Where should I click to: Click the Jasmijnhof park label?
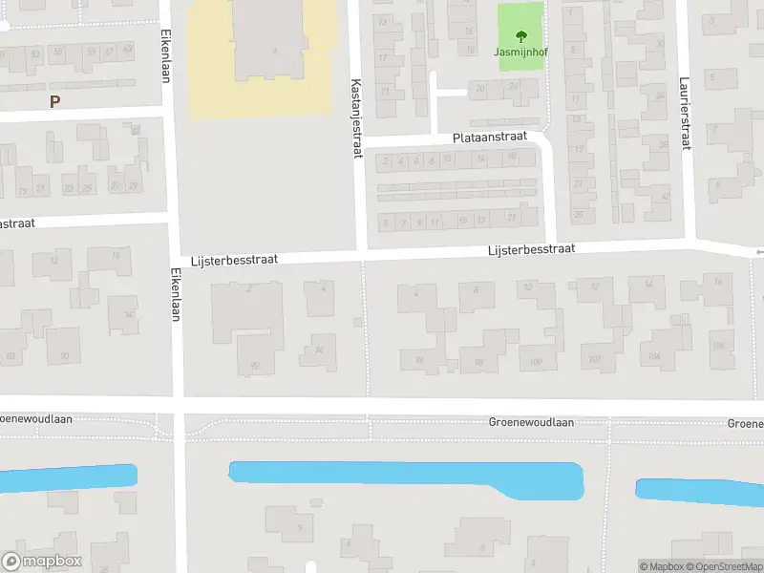pos(520,53)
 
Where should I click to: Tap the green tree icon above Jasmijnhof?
pos(520,37)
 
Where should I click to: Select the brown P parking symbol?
pos(54,101)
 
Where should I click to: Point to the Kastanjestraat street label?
pos(356,118)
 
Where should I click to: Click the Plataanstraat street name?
pos(491,138)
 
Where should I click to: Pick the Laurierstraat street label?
pos(685,114)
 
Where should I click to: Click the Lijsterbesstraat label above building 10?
pos(531,249)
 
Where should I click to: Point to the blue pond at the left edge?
pos(67,477)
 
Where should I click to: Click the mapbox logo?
pos(42,562)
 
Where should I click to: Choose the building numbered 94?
pos(318,351)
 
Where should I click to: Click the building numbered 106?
pos(718,344)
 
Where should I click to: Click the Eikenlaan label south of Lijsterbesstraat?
pos(176,292)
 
